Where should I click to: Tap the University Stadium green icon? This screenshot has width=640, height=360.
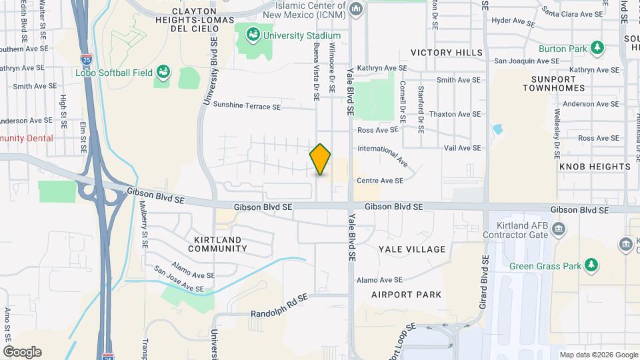253,35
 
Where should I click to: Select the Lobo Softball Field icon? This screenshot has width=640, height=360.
164,72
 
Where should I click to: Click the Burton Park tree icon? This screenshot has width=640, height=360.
597,48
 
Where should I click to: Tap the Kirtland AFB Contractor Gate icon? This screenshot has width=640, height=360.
558,230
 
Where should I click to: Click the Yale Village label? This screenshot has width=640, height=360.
412,249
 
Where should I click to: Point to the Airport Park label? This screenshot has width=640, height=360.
407,294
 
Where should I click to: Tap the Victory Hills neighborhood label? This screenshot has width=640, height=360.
447,53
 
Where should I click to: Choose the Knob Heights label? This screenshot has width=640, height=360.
595,166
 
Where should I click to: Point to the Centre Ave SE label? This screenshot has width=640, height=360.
380,181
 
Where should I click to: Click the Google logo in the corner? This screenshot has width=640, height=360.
22,352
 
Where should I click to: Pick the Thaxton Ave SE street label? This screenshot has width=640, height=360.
455,114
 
